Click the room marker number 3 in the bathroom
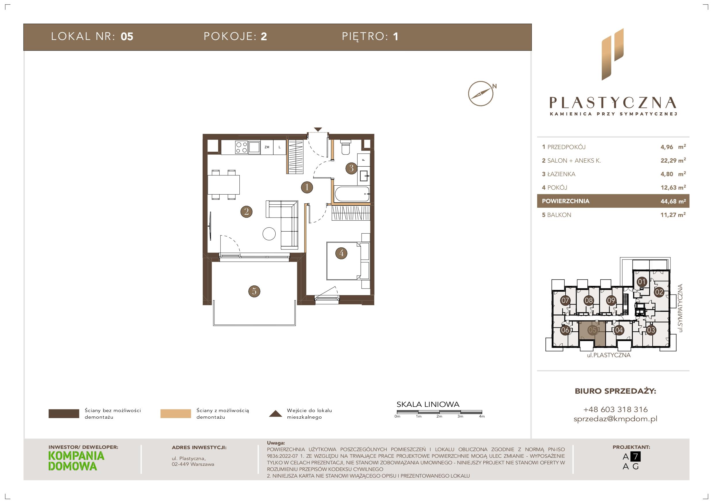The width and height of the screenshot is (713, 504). pos(351,168)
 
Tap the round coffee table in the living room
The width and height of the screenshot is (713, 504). pos(269,234)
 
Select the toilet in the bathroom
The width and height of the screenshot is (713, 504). pos(345,147)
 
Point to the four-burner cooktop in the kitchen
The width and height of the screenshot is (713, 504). pos(241,147)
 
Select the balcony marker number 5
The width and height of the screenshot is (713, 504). pos(254,291)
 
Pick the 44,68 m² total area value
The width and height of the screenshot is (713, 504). pos(673,201)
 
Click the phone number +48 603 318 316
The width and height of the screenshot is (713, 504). pos(616,409)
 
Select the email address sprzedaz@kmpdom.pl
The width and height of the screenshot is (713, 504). pos(616,419)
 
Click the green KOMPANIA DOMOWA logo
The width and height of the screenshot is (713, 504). pos(76,461)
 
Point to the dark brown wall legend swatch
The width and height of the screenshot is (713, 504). pos(64,414)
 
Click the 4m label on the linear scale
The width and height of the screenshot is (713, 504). pos(482,416)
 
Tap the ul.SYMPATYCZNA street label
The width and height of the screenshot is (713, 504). pos(681,308)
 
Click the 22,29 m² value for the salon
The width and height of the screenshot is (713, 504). pos(673,161)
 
